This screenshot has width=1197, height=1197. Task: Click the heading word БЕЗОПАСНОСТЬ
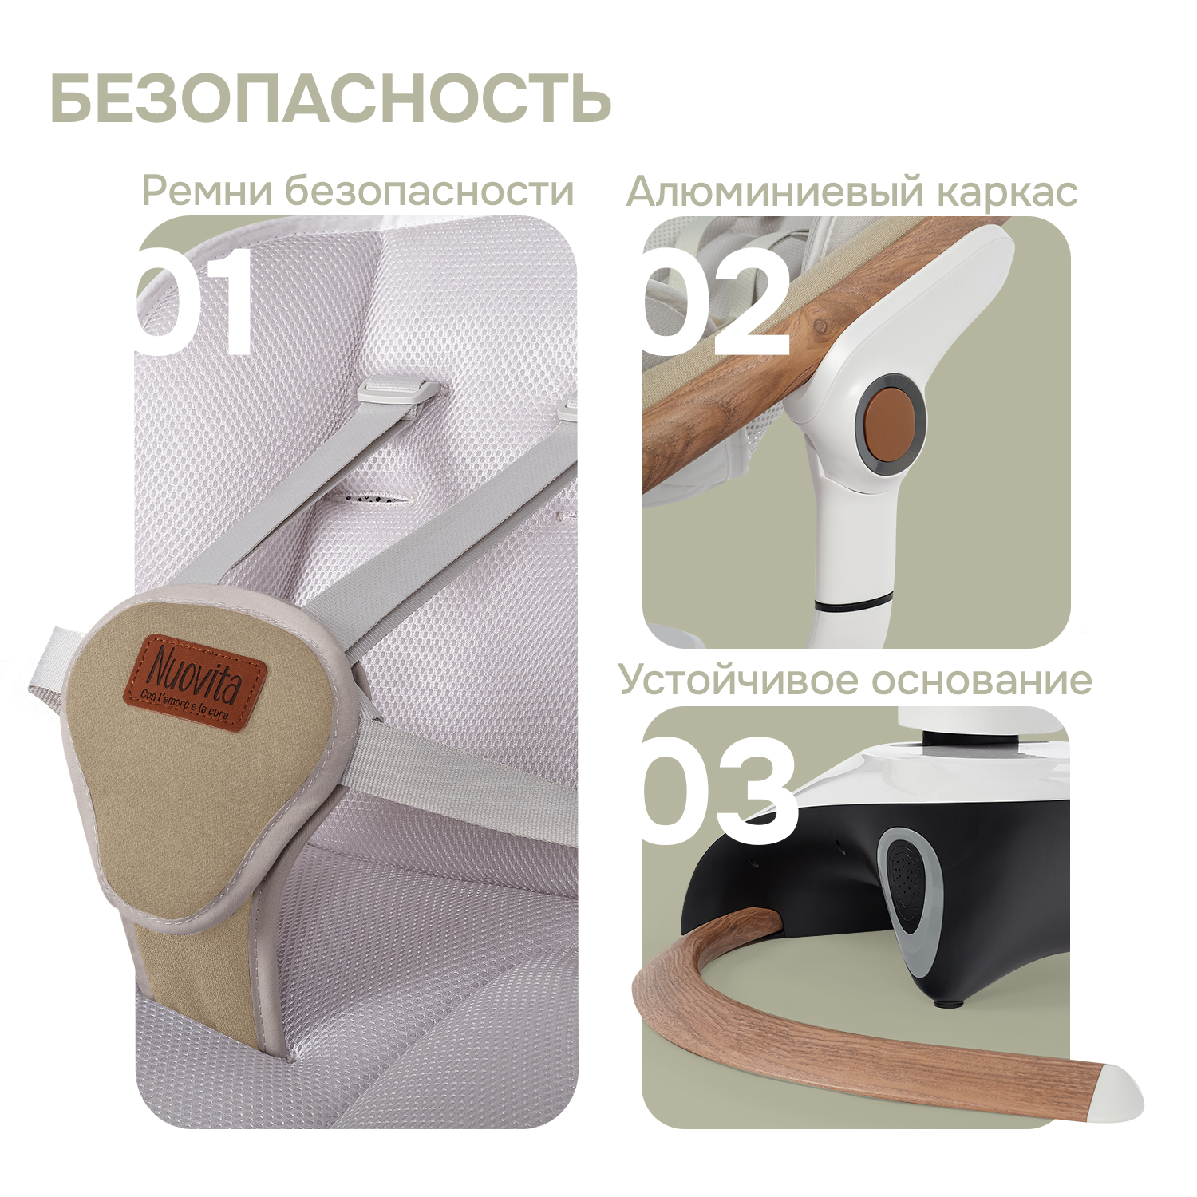[330, 98]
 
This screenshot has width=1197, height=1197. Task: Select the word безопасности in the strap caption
[429, 191]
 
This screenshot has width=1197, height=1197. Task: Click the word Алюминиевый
[774, 192]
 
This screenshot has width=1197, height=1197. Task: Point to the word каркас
[1006, 192]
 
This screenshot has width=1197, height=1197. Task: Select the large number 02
[715, 302]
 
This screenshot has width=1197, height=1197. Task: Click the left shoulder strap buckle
[397, 393]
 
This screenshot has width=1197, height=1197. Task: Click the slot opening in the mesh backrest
[369, 500]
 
